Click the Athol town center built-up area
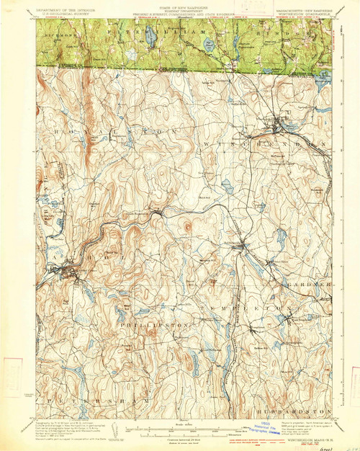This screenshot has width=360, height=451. pos(72,272)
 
